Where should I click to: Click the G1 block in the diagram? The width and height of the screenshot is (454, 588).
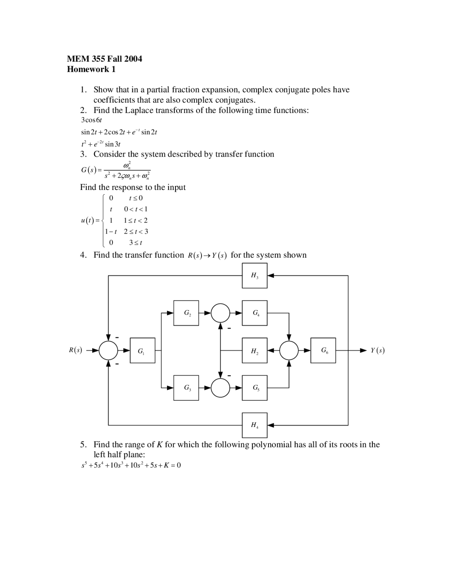point(142,350)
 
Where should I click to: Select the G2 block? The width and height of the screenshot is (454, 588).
point(186,313)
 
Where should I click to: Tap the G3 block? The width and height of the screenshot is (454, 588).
point(186,388)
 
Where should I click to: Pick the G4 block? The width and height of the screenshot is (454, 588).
point(255,313)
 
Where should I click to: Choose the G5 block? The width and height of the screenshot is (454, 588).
point(255,388)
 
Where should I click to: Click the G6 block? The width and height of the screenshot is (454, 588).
point(323,350)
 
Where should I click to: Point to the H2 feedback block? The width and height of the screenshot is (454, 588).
point(255,350)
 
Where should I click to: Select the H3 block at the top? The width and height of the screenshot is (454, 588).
point(255,276)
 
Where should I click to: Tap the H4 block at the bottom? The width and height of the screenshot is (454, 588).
point(255,425)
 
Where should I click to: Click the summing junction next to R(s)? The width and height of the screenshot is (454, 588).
point(108,350)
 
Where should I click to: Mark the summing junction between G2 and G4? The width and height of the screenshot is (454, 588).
point(220,313)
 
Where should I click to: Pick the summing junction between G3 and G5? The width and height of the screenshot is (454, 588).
point(220,388)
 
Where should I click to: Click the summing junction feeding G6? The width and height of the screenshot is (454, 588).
point(289,350)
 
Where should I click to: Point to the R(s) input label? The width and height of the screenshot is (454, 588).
point(75,350)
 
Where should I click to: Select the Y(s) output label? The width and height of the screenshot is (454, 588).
point(377,350)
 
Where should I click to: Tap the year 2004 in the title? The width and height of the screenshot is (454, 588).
point(133,59)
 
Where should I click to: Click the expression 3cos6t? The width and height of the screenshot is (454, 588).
point(92,120)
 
